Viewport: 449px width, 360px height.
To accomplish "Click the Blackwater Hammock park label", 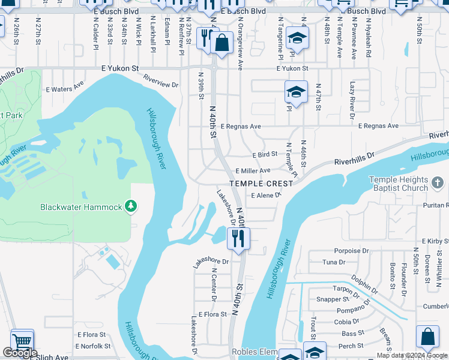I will (x=81, y=207).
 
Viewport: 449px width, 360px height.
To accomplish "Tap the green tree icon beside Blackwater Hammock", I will (x=130, y=207).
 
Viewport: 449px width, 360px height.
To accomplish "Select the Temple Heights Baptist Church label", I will (x=398, y=184).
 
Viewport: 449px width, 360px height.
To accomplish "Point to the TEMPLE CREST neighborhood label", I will (x=261, y=183).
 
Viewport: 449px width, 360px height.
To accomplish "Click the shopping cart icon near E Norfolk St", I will (x=22, y=341).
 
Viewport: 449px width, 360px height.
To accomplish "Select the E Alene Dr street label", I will (x=267, y=196).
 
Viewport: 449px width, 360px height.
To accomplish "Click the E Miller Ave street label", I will (x=253, y=171).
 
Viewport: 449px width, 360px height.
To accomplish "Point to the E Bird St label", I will (x=264, y=155).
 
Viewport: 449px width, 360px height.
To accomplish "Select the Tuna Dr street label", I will (x=334, y=262).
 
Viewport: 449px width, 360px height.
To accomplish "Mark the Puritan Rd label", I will (x=435, y=205).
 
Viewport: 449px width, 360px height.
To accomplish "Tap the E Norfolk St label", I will (x=93, y=346).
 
